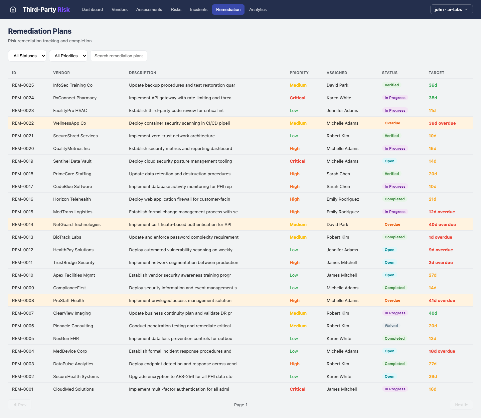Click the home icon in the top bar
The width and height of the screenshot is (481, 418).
[13, 9]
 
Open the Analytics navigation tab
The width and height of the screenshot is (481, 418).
[258, 9]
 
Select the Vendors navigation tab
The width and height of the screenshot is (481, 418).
[120, 9]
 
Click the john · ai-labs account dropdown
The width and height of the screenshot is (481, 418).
[451, 9]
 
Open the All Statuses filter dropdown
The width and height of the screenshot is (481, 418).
[27, 56]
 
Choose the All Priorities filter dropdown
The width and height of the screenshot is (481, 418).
[68, 56]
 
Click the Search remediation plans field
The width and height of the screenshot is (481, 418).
[119, 56]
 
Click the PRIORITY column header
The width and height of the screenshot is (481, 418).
[299, 73]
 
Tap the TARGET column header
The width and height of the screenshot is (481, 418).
[436, 73]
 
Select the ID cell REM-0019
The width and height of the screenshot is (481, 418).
[23, 161]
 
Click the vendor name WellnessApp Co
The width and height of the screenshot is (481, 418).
[69, 123]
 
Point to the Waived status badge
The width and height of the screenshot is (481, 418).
[391, 326]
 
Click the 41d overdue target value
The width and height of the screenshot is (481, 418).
[442, 300]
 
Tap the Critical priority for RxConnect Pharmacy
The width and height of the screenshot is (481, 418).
[297, 98]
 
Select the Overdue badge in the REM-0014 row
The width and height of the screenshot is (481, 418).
[392, 224]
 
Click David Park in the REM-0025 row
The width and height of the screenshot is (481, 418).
[337, 85]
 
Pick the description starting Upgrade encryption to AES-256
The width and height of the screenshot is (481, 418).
[180, 376]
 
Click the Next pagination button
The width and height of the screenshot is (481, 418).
[461, 405]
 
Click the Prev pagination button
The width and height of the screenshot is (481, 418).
[20, 405]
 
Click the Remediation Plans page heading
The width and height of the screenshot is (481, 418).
[40, 31]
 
